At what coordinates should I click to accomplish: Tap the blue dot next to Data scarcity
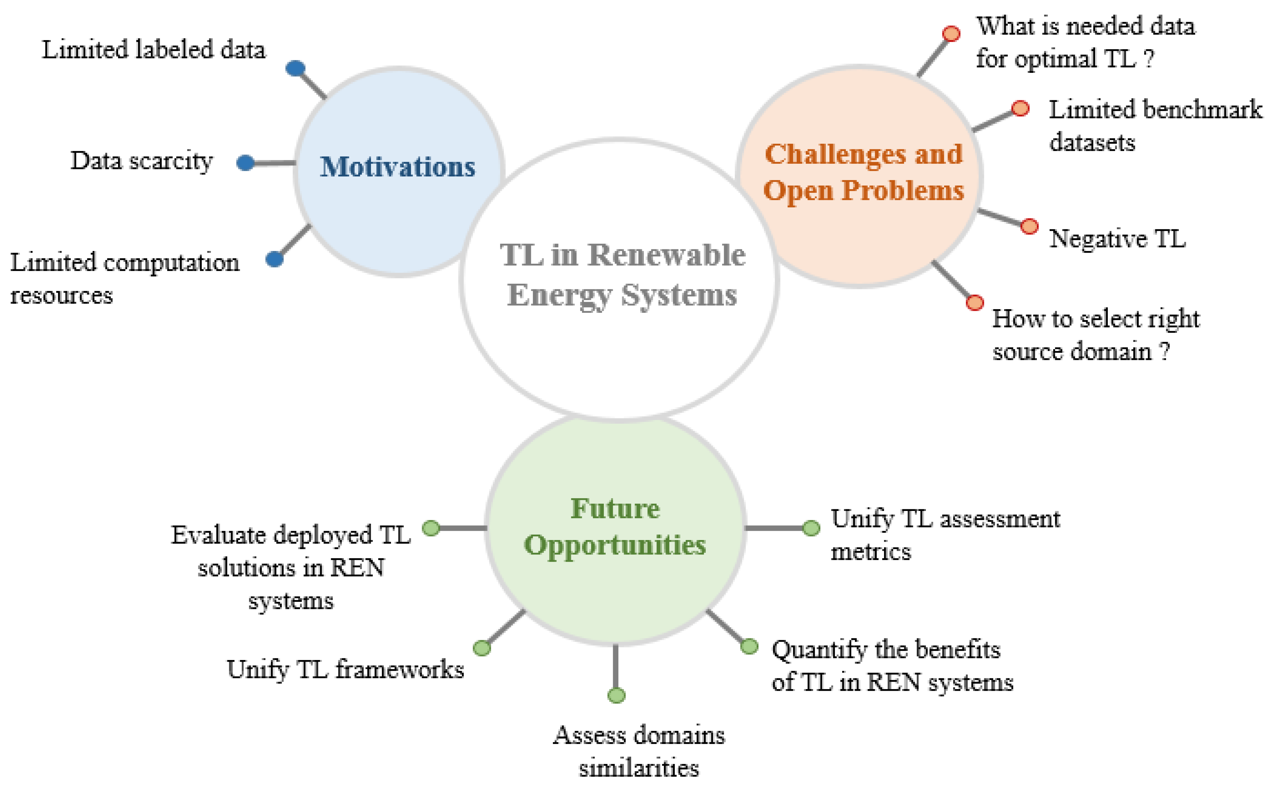click(245, 163)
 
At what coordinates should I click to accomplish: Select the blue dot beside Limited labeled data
click(296, 69)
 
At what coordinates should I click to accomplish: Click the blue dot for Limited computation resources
click(274, 259)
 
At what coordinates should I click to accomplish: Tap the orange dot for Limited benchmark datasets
click(1020, 109)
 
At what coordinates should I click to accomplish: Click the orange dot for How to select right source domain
click(974, 302)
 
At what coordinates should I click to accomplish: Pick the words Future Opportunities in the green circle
click(615, 527)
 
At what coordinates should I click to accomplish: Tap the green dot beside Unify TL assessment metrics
click(810, 528)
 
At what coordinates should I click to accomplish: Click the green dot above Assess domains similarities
click(616, 695)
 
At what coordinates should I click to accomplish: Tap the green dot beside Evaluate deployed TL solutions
click(431, 528)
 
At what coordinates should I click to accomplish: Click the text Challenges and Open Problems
click(863, 172)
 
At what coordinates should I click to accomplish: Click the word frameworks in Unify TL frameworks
click(399, 669)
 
